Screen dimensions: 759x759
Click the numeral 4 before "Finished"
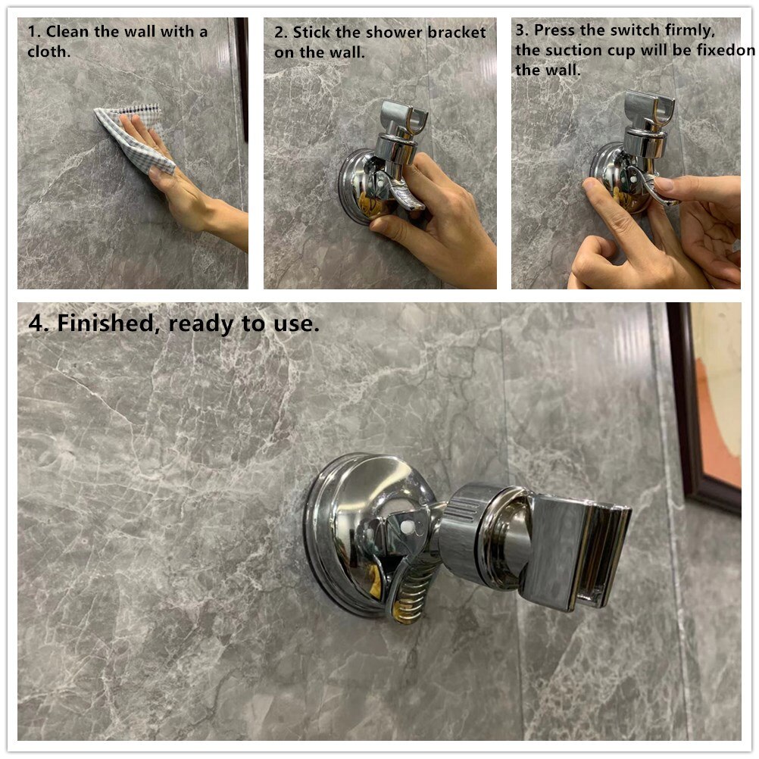(36, 323)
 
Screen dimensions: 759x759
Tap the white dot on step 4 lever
(406, 524)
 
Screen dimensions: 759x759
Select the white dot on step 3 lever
(633, 179)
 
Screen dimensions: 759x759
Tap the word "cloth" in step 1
(48, 52)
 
